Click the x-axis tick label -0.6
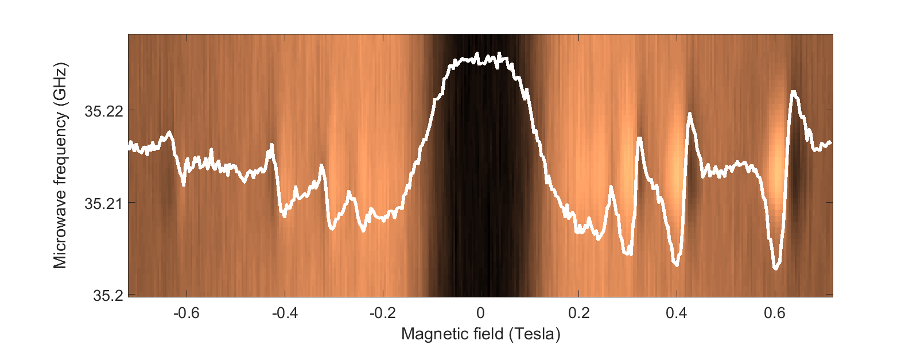(187, 313)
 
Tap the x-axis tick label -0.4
(285, 313)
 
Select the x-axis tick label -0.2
(383, 313)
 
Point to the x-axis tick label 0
(481, 313)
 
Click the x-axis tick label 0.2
(579, 313)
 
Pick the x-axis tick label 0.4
(677, 313)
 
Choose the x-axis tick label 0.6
(775, 313)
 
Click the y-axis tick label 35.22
(104, 111)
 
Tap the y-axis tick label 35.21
(104, 203)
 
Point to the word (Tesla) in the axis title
(534, 334)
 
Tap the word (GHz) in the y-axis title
(60, 83)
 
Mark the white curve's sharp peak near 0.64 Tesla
(794, 92)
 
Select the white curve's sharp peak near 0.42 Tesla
(689, 114)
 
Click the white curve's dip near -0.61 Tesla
(184, 184)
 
